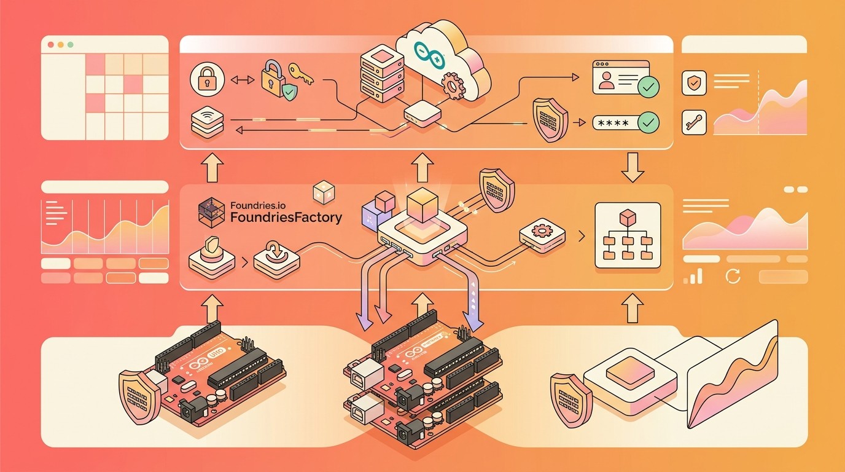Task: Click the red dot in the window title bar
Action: [x=50, y=45]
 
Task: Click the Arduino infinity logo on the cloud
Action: [x=429, y=55]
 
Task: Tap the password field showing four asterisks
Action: [x=615, y=122]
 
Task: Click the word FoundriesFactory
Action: [x=286, y=218]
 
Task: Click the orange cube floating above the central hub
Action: [x=421, y=203]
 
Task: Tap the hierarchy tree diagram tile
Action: [x=628, y=236]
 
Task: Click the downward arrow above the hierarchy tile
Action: [x=633, y=168]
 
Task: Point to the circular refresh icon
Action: [x=733, y=277]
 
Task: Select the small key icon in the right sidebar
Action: [x=695, y=122]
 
